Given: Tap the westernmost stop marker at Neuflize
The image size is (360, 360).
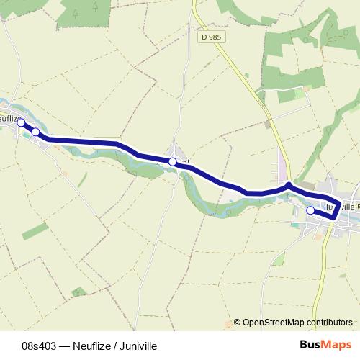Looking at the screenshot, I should pos(22,123).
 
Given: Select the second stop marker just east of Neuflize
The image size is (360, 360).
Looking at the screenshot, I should pos(35,132).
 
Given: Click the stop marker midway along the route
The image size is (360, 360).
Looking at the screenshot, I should pos(173,163).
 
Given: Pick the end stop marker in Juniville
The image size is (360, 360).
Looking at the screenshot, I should pos(310,210).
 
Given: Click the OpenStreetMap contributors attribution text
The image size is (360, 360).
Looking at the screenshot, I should pos(297,323).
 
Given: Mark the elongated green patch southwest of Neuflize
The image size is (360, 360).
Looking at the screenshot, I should pos(35,231).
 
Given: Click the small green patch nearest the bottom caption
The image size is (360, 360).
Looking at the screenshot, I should pos(78,292).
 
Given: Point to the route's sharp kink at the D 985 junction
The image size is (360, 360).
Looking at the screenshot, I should pos(289,186).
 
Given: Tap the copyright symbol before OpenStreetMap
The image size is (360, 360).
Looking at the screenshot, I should pos(238,323).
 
